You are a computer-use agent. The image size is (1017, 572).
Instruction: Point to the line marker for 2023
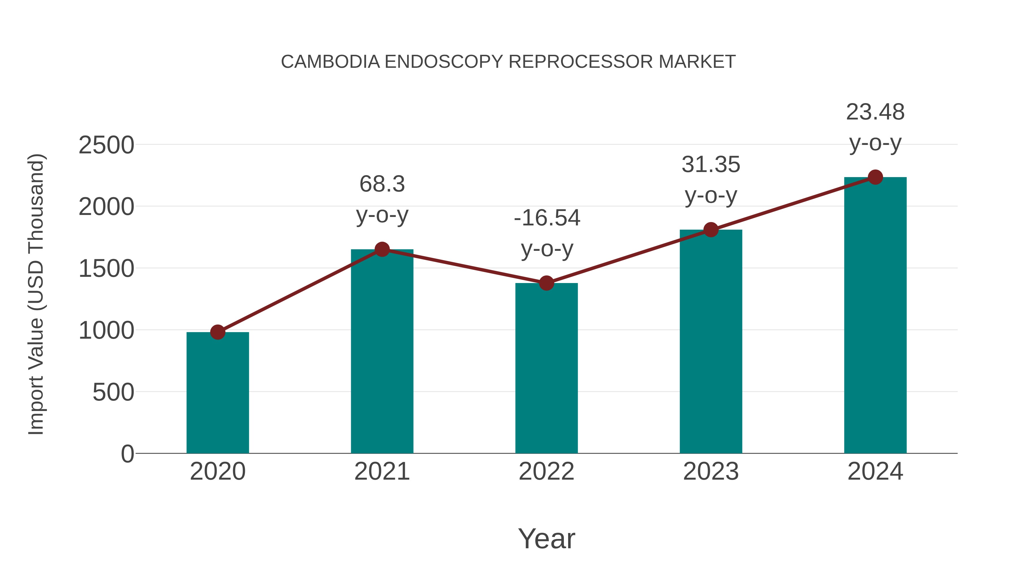[711, 229]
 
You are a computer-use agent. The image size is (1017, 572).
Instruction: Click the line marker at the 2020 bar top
[218, 332]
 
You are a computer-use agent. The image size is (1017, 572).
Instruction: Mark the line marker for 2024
[875, 177]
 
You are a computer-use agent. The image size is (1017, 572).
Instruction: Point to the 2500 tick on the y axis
[106, 145]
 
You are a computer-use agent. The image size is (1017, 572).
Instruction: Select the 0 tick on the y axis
[127, 454]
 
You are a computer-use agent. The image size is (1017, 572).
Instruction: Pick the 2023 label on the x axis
[711, 472]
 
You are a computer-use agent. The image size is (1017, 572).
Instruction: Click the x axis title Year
[546, 539]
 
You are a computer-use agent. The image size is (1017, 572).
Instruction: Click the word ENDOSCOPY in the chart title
[444, 62]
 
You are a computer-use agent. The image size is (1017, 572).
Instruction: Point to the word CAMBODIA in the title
[331, 62]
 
